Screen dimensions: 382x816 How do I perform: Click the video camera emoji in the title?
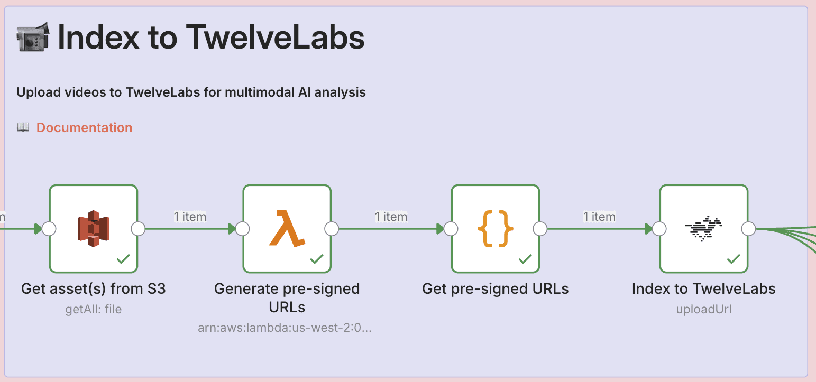33,38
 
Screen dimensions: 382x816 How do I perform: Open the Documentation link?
84,128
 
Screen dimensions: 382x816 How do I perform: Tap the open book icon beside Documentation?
23,127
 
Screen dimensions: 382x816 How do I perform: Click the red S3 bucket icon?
94,228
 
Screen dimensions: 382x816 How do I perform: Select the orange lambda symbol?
287,228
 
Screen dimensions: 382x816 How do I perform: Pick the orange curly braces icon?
495,228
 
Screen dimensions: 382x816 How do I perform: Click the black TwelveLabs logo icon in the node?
703,228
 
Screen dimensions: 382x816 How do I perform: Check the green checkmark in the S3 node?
123,259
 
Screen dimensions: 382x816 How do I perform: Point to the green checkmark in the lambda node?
317,259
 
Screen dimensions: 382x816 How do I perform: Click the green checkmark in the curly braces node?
525,259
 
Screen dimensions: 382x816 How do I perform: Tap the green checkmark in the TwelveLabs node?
734,259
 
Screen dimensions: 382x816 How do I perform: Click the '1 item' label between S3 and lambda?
190,217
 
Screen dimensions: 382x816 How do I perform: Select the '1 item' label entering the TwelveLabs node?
599,217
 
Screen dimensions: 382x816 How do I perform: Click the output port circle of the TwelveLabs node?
748,229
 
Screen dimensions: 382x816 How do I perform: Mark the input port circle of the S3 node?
49,229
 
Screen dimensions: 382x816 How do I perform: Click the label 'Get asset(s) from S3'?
94,289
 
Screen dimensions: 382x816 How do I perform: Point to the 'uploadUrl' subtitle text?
703,309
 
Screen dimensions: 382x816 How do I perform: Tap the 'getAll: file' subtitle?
94,309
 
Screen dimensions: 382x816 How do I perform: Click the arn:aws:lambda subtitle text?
285,328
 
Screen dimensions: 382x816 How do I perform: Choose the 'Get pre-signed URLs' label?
495,289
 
